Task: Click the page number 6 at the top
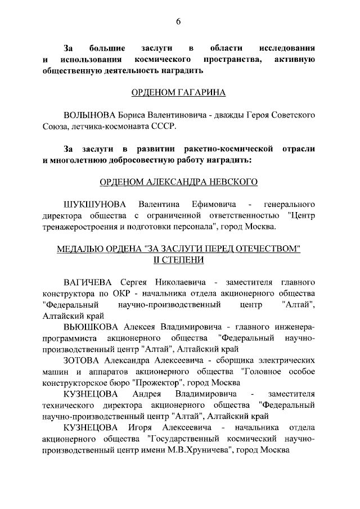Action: [178, 22]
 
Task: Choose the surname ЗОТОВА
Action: [83, 360]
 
